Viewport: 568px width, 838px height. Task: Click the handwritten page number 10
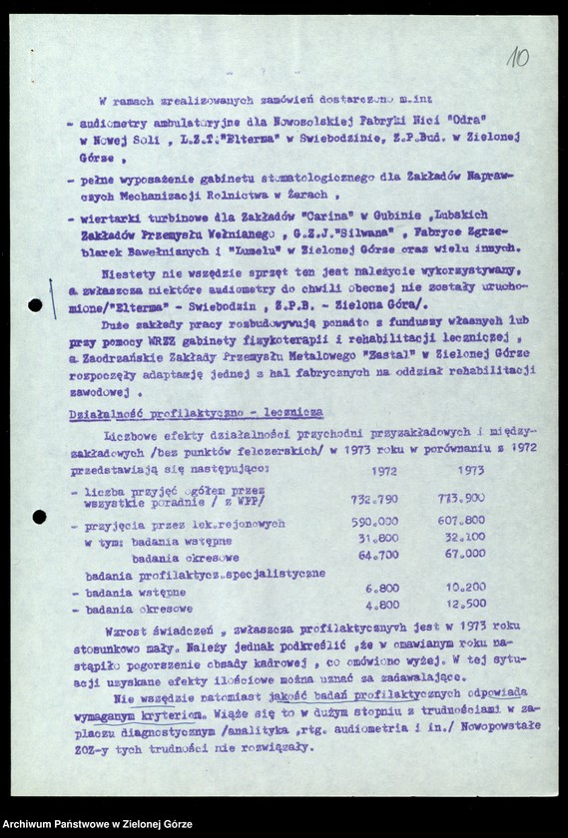coord(517,57)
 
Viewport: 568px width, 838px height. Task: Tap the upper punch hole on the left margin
coord(35,305)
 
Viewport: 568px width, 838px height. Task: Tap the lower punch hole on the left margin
coord(39,516)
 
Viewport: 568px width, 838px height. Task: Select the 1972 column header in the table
coord(383,471)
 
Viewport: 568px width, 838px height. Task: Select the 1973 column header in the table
coord(470,471)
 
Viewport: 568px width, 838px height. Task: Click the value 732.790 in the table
coord(374,498)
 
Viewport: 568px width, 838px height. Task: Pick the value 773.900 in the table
coord(461,498)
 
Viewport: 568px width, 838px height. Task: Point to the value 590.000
coord(374,521)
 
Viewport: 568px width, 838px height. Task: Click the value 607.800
coord(461,520)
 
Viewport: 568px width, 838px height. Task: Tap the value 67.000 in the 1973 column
coord(464,554)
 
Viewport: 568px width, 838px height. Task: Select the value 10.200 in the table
coord(464,588)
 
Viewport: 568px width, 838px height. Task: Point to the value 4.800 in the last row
coord(381,605)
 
